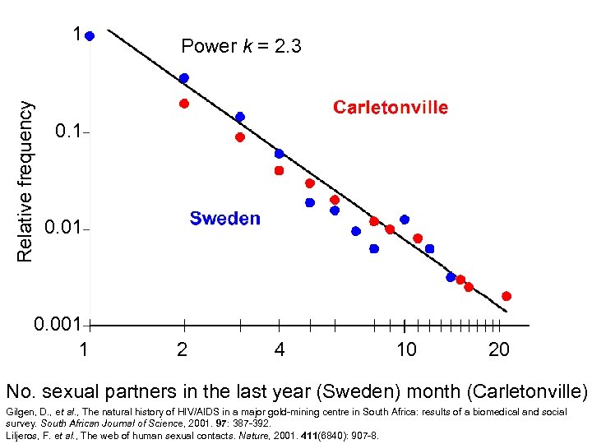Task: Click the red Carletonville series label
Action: click(x=391, y=108)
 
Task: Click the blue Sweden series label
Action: click(x=224, y=218)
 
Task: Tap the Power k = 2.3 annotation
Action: click(x=241, y=46)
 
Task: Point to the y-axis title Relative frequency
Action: click(x=26, y=182)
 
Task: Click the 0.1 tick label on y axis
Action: click(x=67, y=132)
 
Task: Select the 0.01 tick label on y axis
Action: click(x=62, y=227)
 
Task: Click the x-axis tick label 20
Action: click(x=498, y=349)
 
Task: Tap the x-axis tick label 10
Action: click(x=406, y=349)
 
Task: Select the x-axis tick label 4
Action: click(x=280, y=349)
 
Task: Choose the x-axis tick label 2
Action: click(x=182, y=349)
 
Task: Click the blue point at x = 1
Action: click(x=90, y=36)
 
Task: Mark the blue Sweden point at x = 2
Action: click(x=184, y=78)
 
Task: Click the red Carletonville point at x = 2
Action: click(x=184, y=104)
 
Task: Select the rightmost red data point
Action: click(x=506, y=296)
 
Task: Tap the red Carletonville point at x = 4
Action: click(x=279, y=171)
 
